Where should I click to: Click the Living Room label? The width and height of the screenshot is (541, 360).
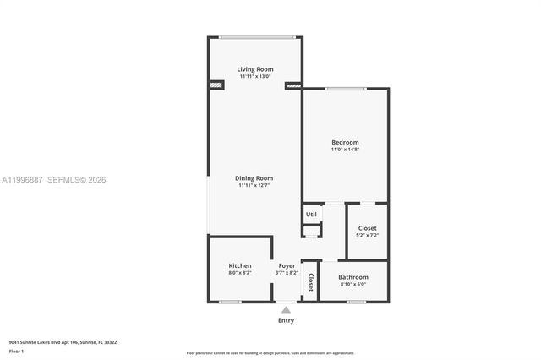(254, 69)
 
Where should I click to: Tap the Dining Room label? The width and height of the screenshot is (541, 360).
(254, 178)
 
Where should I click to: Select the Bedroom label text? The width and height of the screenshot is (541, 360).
(345, 142)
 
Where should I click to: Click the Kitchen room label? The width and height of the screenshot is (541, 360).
(239, 265)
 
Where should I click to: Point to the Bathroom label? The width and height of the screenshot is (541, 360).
(352, 277)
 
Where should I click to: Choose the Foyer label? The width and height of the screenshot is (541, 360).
(287, 266)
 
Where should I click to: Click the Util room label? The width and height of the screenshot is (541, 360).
(311, 215)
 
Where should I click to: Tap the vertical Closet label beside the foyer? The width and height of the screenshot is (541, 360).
(310, 281)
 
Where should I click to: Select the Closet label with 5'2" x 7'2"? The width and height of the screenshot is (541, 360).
(367, 228)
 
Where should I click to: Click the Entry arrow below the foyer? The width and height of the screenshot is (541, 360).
(287, 310)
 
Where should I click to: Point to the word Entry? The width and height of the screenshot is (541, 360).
(287, 320)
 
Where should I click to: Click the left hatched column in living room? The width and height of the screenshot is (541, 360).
(216, 85)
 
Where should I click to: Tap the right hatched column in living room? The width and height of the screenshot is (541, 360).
(293, 85)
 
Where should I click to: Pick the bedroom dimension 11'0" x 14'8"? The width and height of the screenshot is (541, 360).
(345, 150)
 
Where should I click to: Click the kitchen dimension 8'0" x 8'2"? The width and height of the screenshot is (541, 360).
(239, 273)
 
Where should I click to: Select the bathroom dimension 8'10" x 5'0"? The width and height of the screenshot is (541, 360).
(352, 285)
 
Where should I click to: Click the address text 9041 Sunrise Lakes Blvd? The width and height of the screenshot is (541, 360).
(63, 342)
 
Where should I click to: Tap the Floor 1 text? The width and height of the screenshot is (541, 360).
(16, 351)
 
